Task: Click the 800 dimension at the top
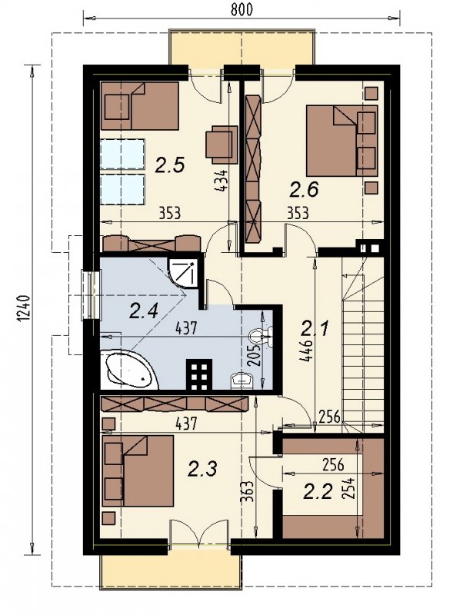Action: coord(241,9)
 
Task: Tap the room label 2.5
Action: coord(169,165)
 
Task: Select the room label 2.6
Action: coord(304,189)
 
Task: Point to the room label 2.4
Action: coord(144,312)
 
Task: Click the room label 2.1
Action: coord(315,329)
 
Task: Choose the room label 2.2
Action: coord(318,492)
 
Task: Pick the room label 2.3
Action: coord(202,469)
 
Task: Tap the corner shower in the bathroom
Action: coord(182,272)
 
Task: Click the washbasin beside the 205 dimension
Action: coord(241,380)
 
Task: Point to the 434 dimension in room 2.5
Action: coord(222,181)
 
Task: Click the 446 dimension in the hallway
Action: coord(308,351)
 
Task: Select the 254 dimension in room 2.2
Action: coord(349,488)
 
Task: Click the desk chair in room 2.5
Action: coord(222,145)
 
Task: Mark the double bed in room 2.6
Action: coord(342,141)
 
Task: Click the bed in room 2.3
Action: coord(138,470)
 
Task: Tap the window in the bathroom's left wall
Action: coord(90,295)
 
